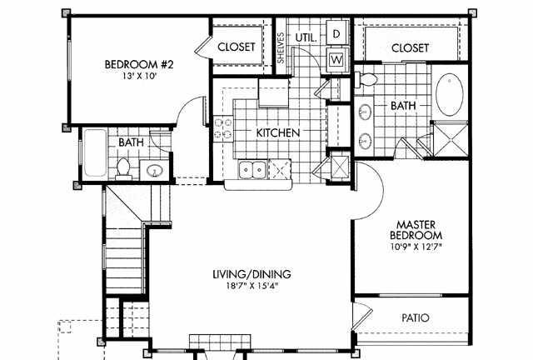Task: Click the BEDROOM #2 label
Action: (139, 64)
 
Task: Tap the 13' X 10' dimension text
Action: (139, 76)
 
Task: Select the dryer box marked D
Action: (336, 33)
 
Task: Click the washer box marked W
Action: (336, 59)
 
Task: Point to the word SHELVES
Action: (281, 48)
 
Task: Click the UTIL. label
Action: (306, 37)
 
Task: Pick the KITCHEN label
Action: (278, 132)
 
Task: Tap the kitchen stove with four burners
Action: (223, 128)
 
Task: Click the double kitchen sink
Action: (252, 169)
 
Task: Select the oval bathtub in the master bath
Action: (450, 95)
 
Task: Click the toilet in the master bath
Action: (366, 79)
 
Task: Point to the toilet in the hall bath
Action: (123, 168)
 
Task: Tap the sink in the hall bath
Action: (154, 170)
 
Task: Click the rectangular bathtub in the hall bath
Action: (95, 152)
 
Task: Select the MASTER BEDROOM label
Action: (416, 230)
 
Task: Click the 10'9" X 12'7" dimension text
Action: (416, 247)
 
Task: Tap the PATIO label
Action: (416, 318)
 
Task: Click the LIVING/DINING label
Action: (252, 274)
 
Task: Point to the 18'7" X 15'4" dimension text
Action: (252, 286)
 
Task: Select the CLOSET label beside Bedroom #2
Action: (237, 47)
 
